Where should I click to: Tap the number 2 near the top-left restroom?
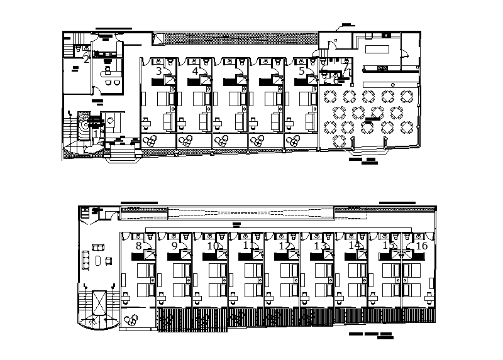[x=86, y=59]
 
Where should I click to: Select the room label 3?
[x=159, y=71]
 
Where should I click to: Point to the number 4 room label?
[x=195, y=71]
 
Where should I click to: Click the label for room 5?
[x=302, y=71]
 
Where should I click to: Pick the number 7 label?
[x=345, y=67]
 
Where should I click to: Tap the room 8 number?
[x=138, y=246]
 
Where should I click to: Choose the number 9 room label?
[x=174, y=246]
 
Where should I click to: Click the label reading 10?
[x=214, y=246]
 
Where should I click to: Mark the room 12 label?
[x=285, y=246]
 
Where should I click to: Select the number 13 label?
[x=321, y=246]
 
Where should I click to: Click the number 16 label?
[x=421, y=246]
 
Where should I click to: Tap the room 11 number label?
[x=250, y=246]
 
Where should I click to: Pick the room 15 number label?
[x=389, y=246]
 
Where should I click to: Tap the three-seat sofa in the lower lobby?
[x=86, y=259]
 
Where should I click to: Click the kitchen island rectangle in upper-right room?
[x=377, y=50]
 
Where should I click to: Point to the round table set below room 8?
[x=131, y=319]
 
